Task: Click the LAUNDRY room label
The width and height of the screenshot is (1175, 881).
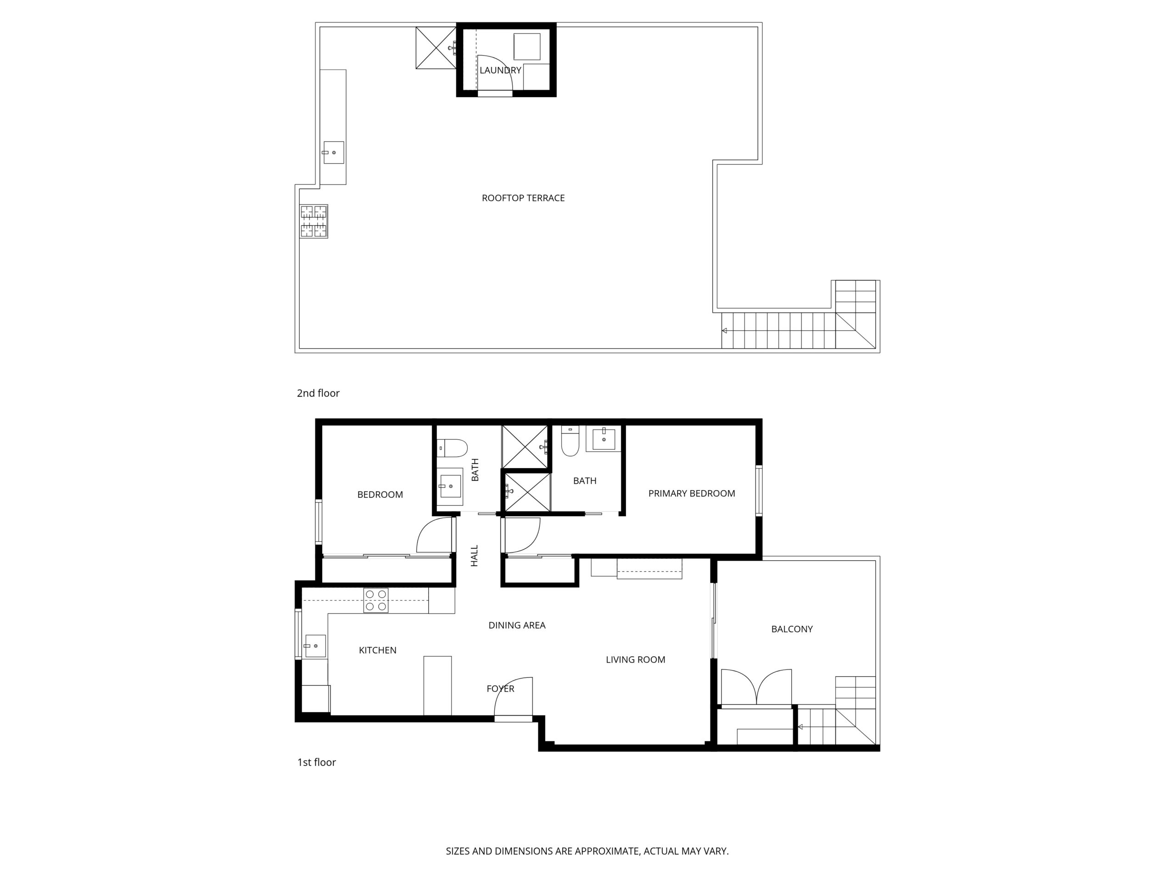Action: [x=500, y=70]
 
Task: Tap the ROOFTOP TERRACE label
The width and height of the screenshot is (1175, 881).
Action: [x=523, y=198]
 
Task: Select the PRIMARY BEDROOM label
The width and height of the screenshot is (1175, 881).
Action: [x=692, y=493]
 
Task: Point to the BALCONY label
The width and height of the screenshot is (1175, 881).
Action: [x=792, y=629]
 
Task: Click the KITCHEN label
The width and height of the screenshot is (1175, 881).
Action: [x=378, y=650]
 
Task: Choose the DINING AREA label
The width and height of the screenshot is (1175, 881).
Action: [x=517, y=625]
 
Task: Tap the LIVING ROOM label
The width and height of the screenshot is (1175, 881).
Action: [x=635, y=659]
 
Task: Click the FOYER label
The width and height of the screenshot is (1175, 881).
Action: [x=500, y=689]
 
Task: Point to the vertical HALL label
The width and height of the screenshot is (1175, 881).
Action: [x=474, y=556]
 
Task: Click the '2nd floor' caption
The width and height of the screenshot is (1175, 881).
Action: [x=318, y=393]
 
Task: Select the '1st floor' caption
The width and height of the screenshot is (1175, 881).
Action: [x=317, y=762]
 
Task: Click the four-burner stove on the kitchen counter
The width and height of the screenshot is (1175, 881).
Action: [x=375, y=601]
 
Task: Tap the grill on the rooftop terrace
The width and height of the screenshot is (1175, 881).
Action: [x=313, y=221]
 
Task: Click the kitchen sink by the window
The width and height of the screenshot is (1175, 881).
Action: [x=315, y=646]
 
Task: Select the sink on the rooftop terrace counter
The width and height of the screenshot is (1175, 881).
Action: [x=333, y=152]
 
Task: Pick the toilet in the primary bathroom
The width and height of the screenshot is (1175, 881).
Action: [x=570, y=441]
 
